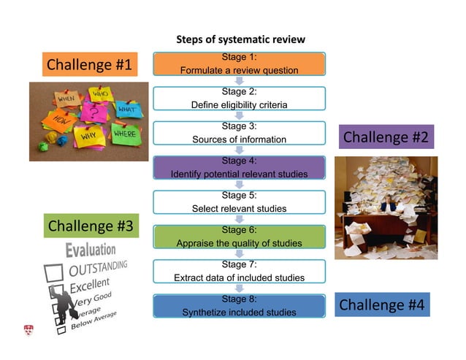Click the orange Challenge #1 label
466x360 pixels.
89,65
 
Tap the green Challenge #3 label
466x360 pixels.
89,226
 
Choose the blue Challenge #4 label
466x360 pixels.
383,305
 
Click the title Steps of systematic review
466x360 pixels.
240,39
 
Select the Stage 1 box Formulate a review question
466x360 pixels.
239,64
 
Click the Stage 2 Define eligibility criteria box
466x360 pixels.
239,98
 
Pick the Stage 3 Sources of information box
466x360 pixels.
239,132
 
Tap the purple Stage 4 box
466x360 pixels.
239,167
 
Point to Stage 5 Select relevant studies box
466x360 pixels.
239,202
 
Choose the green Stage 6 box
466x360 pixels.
239,237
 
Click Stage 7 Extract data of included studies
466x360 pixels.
239,271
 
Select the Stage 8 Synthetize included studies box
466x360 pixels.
239,306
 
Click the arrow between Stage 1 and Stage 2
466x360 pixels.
239,81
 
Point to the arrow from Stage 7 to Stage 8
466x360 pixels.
239,288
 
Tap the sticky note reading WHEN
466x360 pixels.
66,98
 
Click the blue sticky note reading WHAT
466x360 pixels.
127,110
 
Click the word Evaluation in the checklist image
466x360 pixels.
91,250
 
